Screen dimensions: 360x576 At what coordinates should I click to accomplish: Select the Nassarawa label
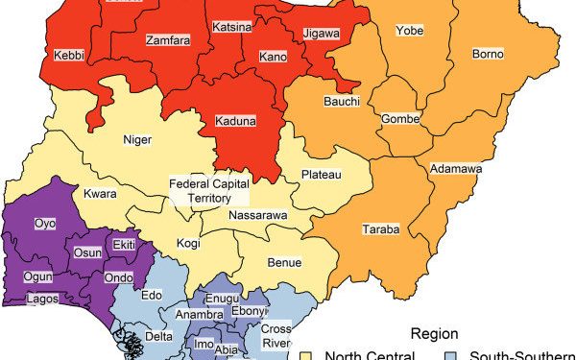257,215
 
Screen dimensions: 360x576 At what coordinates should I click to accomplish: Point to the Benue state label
285,262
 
